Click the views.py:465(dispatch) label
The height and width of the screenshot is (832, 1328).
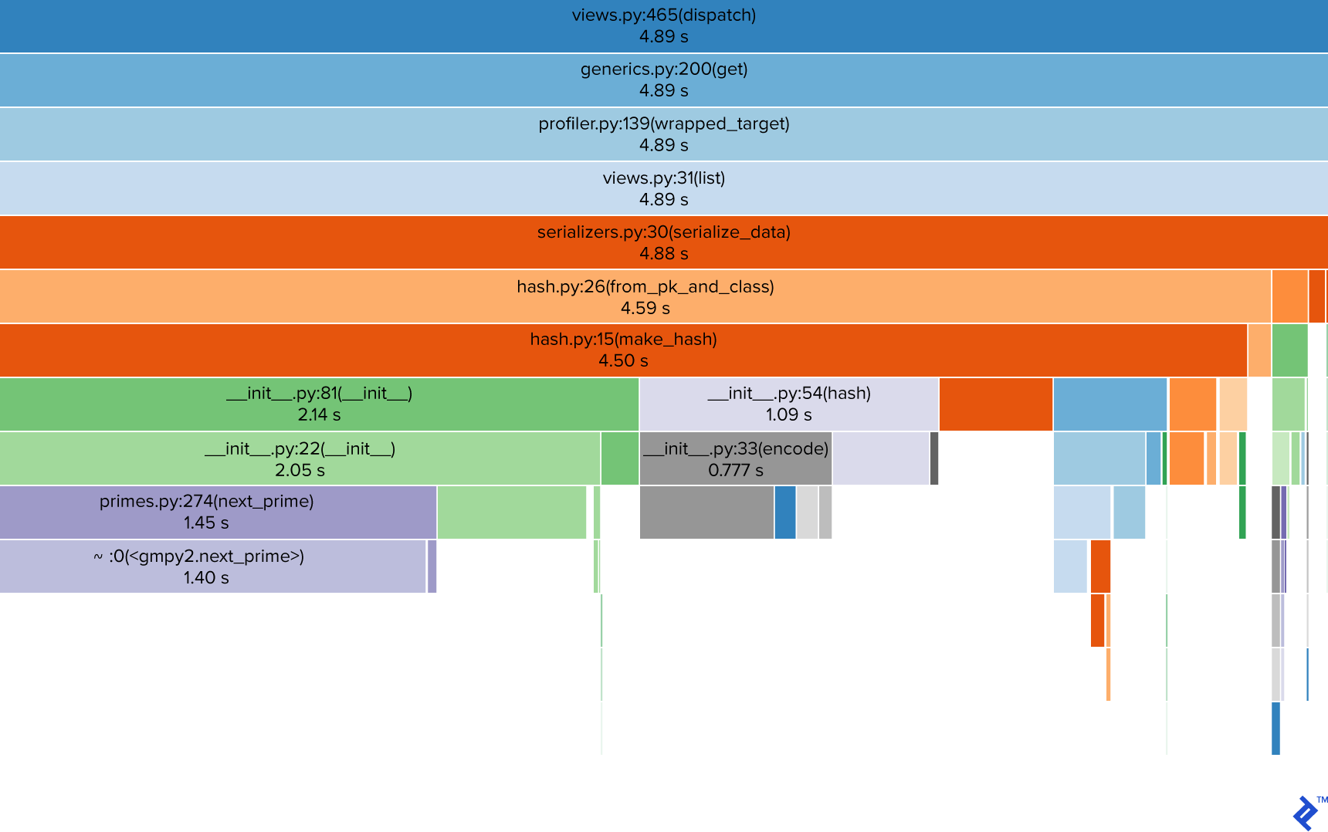pyautogui.click(x=663, y=15)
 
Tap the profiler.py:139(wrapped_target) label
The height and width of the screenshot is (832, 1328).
pyautogui.click(x=663, y=123)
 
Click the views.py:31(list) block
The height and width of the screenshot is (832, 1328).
pyautogui.click(x=663, y=188)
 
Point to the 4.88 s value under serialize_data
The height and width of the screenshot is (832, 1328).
pyautogui.click(x=663, y=253)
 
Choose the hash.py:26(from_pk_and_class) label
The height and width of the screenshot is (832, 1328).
pyautogui.click(x=645, y=286)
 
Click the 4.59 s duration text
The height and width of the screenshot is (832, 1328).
pyautogui.click(x=645, y=308)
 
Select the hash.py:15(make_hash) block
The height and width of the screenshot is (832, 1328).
pyautogui.click(x=623, y=350)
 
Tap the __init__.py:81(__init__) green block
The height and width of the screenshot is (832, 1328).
pyautogui.click(x=319, y=404)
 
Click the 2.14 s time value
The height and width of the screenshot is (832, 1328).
pyautogui.click(x=319, y=414)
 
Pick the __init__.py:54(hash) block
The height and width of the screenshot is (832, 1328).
pyautogui.click(x=788, y=404)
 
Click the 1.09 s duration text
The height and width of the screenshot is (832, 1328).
pyautogui.click(x=788, y=414)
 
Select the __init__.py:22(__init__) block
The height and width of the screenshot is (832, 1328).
pyautogui.click(x=300, y=458)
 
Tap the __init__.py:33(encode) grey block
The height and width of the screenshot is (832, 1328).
pyautogui.click(x=735, y=458)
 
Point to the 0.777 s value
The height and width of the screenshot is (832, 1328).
pyautogui.click(x=735, y=470)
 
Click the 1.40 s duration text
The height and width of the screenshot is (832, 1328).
pyautogui.click(x=205, y=577)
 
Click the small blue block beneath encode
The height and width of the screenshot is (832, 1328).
pyautogui.click(x=784, y=512)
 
